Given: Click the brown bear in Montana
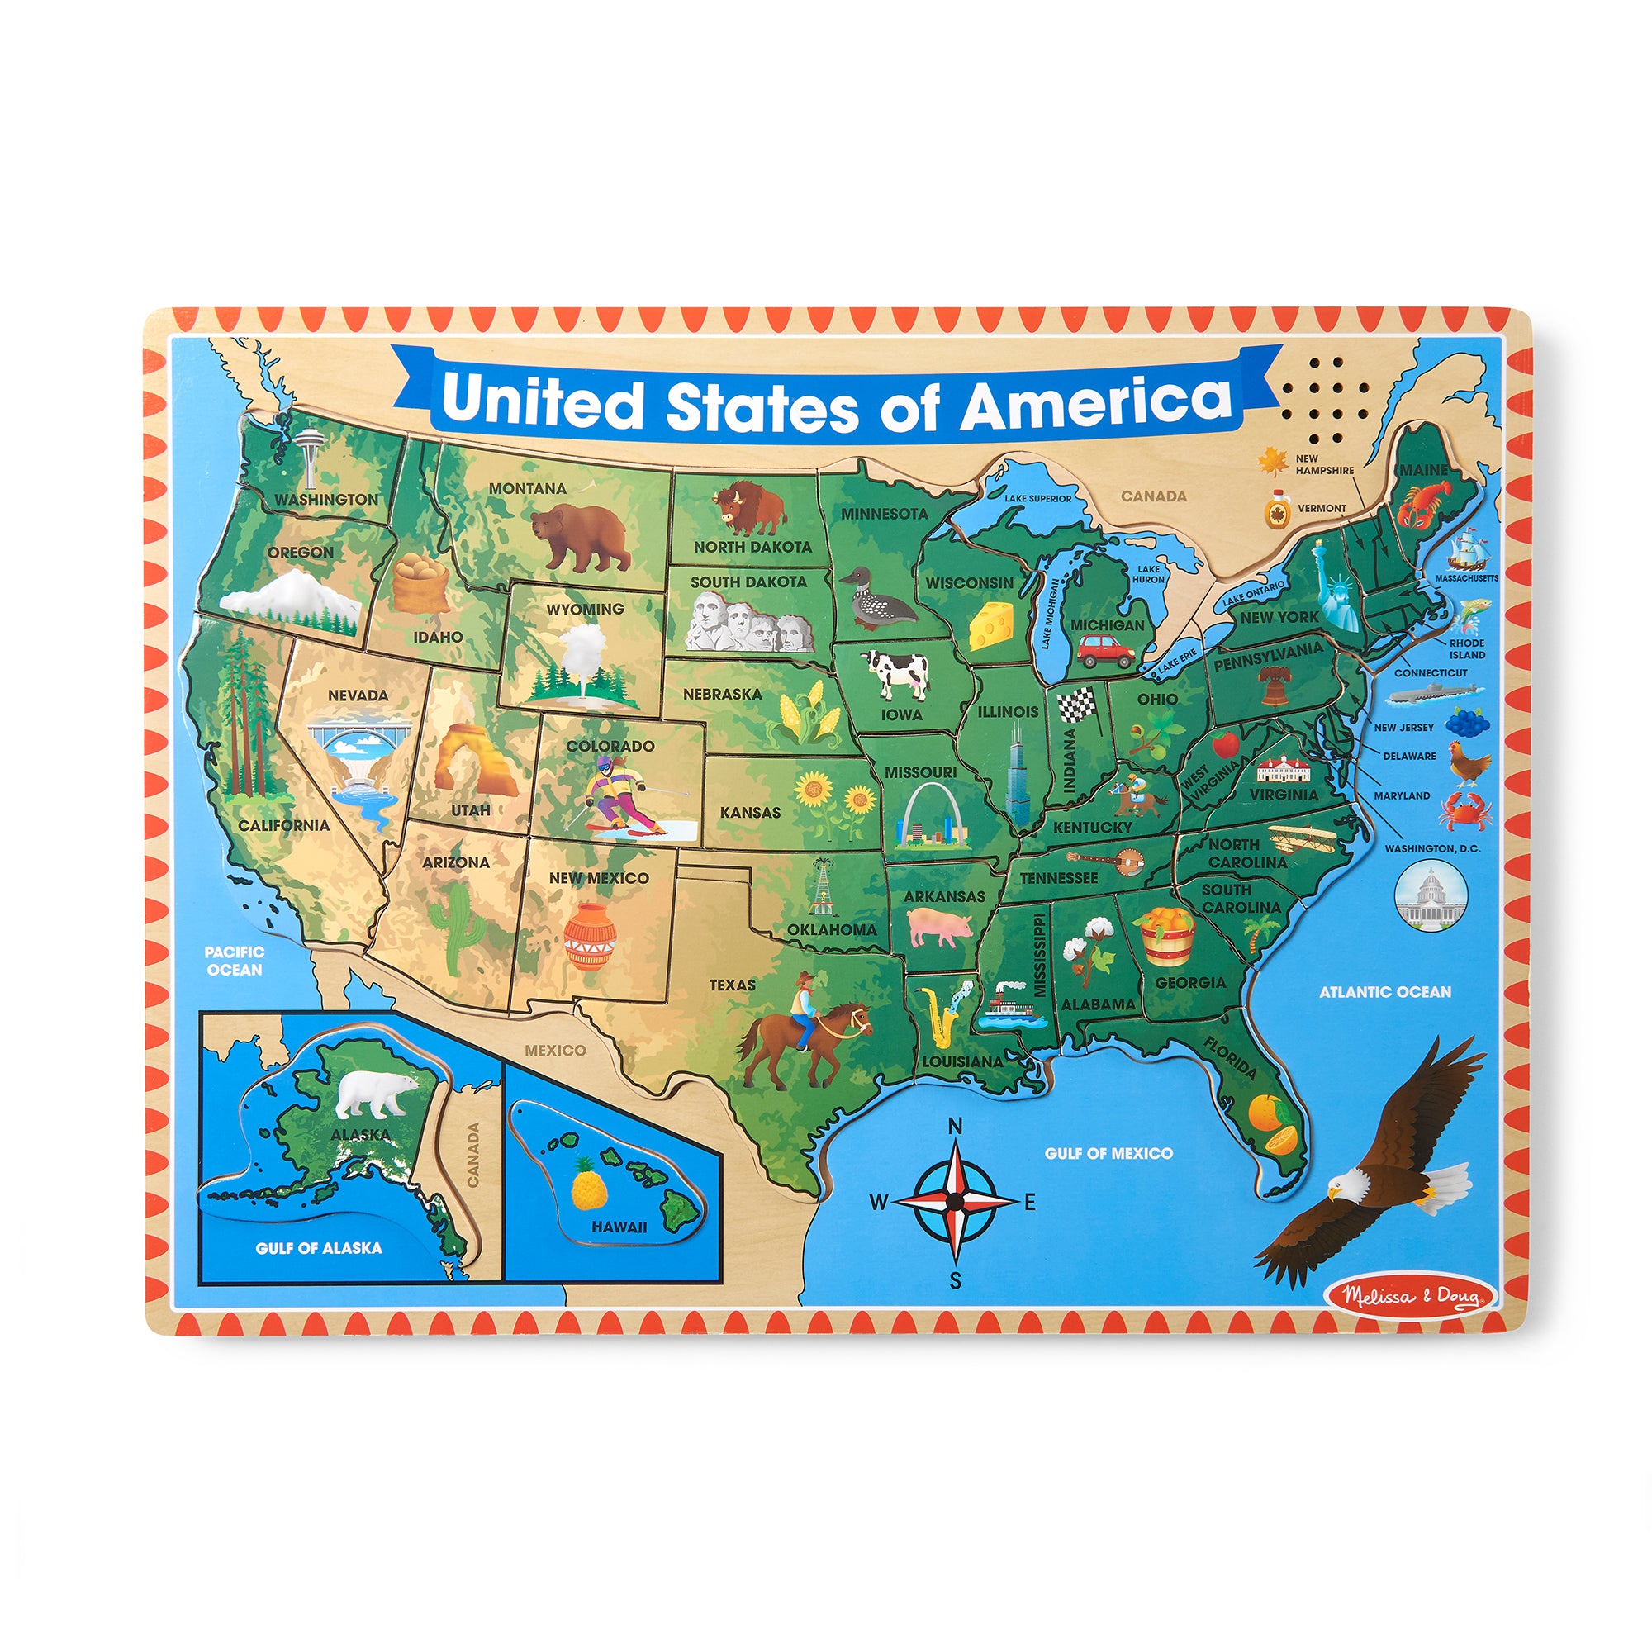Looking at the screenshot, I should point(581,535).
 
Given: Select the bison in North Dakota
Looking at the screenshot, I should point(749,508).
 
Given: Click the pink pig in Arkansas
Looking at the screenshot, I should point(939,926).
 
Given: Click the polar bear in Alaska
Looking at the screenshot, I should point(374,1094).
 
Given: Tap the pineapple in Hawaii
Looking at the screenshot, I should point(587,1185).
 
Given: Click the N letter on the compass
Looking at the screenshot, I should point(956,1125).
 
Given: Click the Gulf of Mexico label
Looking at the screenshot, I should point(1108,1153).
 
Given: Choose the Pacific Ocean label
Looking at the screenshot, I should point(235,961).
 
